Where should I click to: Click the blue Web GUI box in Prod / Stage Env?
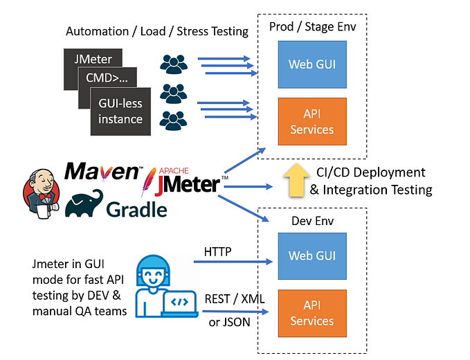coord(311,64)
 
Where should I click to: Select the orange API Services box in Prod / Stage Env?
coord(311,122)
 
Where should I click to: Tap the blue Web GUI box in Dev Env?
coord(311,255)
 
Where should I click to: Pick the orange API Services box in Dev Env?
coord(311,314)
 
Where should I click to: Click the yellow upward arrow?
coord(294,179)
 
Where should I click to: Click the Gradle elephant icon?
coord(84,204)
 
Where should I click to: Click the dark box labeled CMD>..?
coord(108,78)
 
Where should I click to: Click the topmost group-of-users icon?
coord(173,64)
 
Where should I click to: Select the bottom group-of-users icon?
coord(173,118)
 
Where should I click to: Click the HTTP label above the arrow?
coord(218,250)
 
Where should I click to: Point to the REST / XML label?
coord(235,300)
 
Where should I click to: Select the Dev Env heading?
coord(311,222)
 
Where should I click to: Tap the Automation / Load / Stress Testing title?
coord(156,31)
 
